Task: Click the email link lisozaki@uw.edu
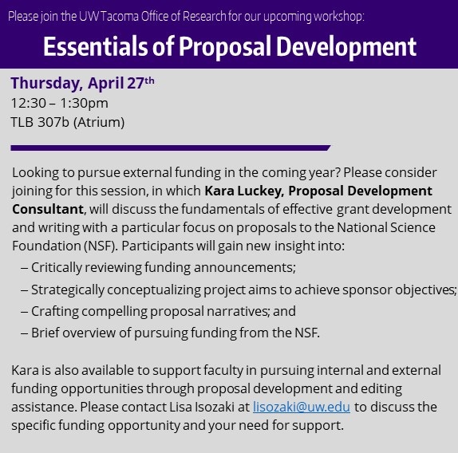pos(302,407)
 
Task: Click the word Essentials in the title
pos(96,47)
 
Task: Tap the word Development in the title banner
pos(346,47)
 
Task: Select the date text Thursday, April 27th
pos(82,83)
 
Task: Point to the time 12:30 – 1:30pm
pos(60,104)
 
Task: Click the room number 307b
pos(53,122)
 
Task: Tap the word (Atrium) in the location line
pos(99,122)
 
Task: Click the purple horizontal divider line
pos(170,148)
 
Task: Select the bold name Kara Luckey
pos(244,191)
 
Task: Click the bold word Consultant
pos(48,209)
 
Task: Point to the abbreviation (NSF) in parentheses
pos(101,246)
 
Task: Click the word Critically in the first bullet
pos(57,268)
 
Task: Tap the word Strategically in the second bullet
pos(68,290)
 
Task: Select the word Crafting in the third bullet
pos(55,311)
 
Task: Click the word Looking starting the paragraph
pos(35,173)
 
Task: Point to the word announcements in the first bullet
pos(245,268)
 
